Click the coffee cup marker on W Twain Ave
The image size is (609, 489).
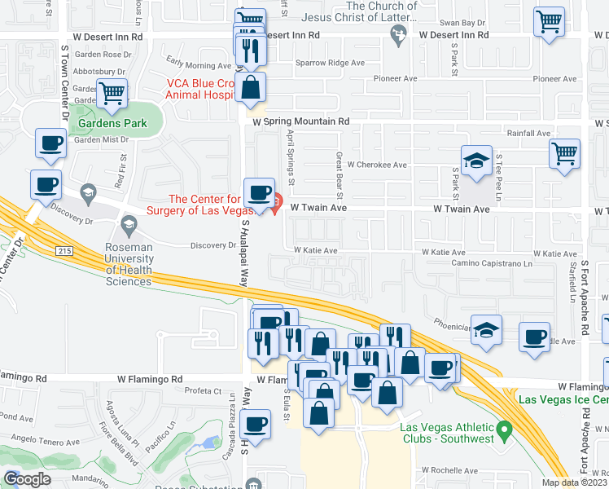coord(259,192)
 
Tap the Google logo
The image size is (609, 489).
coord(27,479)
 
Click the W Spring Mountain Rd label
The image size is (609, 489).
coord(300,121)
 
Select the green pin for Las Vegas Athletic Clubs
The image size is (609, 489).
coord(504,427)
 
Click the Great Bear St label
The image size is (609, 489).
coord(340,175)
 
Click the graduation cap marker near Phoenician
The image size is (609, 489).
coord(486,329)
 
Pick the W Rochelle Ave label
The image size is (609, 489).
coord(453,471)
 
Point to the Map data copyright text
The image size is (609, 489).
coord(573,482)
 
